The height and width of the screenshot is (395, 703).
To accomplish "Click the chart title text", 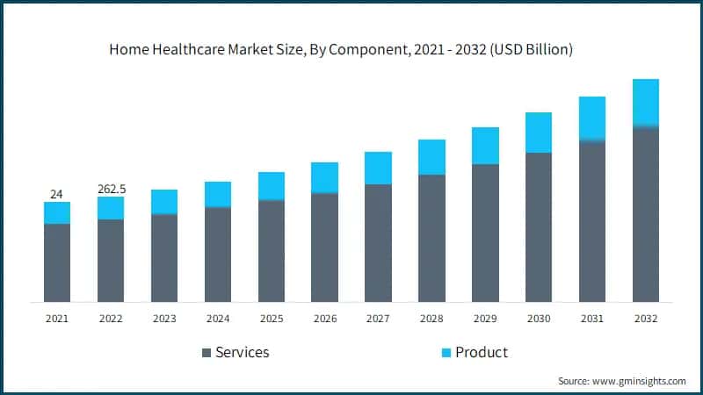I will tap(341, 50).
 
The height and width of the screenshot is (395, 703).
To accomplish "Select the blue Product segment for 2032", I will tap(646, 103).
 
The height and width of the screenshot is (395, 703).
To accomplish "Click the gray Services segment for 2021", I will tap(57, 262).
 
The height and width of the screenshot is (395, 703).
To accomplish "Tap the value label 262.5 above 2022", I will tap(111, 189).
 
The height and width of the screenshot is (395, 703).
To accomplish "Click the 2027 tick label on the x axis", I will tap(378, 319).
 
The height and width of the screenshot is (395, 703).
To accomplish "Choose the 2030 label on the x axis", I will tap(539, 319).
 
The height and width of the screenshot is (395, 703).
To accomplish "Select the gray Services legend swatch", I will tap(207, 353).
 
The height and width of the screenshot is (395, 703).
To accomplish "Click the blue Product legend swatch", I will tap(446, 353).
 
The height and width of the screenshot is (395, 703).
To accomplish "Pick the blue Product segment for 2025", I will tap(272, 186).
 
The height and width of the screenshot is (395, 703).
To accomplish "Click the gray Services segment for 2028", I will tap(431, 238).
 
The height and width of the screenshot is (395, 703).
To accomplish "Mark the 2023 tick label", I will tap(164, 319).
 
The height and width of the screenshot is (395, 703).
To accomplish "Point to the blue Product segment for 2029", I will tap(485, 146).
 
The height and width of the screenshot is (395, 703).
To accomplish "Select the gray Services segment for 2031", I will tap(592, 221).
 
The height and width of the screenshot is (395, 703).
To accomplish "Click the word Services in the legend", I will tap(243, 353).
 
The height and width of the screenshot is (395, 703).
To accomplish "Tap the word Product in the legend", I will tap(482, 353).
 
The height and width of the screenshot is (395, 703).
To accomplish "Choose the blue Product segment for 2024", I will tap(218, 194).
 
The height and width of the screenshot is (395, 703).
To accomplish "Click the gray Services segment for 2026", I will tap(325, 248).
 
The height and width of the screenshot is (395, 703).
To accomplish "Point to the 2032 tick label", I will tap(646, 319).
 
